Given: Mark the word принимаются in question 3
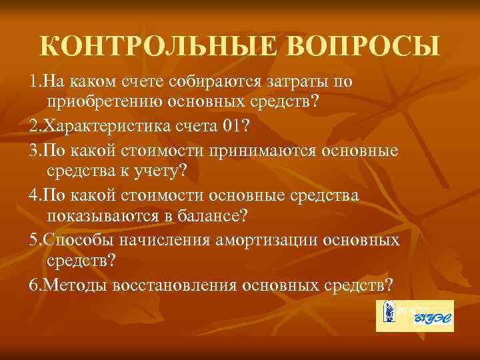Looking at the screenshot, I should click(270, 150).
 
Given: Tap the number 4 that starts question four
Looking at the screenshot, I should click(33, 195).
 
